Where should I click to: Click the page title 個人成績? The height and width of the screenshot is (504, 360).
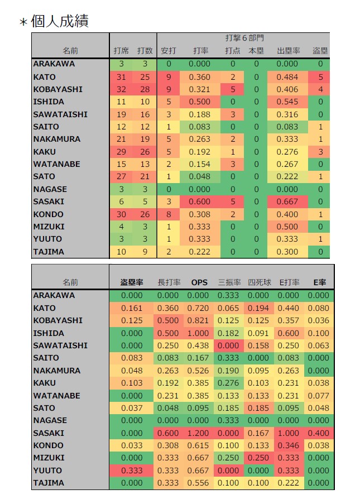(60, 21)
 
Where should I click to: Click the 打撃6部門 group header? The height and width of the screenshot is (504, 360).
(244, 38)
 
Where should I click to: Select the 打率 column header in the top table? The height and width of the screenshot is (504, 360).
(200, 51)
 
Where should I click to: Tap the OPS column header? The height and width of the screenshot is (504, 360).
(199, 282)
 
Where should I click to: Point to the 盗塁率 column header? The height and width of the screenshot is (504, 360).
(132, 282)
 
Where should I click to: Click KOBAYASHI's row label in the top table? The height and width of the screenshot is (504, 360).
(58, 89)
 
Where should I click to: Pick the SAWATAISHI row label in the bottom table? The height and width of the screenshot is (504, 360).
(60, 345)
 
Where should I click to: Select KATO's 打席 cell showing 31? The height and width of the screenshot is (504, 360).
(121, 77)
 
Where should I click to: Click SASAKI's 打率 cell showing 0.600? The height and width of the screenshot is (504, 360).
(200, 201)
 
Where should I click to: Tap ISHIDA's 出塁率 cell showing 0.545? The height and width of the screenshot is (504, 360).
(287, 102)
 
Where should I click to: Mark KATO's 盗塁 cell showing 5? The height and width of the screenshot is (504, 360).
(320, 77)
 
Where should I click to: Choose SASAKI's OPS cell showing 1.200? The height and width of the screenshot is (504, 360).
(198, 433)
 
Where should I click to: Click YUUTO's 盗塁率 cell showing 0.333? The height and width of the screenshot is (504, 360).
(132, 471)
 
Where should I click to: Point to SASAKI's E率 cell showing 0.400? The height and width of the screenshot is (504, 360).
(319, 433)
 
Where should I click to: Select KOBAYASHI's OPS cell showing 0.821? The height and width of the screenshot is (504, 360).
(198, 320)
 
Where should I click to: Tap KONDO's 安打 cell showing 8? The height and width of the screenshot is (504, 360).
(169, 214)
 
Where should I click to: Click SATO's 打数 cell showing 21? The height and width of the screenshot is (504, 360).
(145, 176)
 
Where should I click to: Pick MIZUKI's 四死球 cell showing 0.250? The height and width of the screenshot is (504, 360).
(258, 458)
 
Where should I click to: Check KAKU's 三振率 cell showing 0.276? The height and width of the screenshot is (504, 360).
(228, 383)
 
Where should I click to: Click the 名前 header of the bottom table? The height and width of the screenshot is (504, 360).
(70, 282)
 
